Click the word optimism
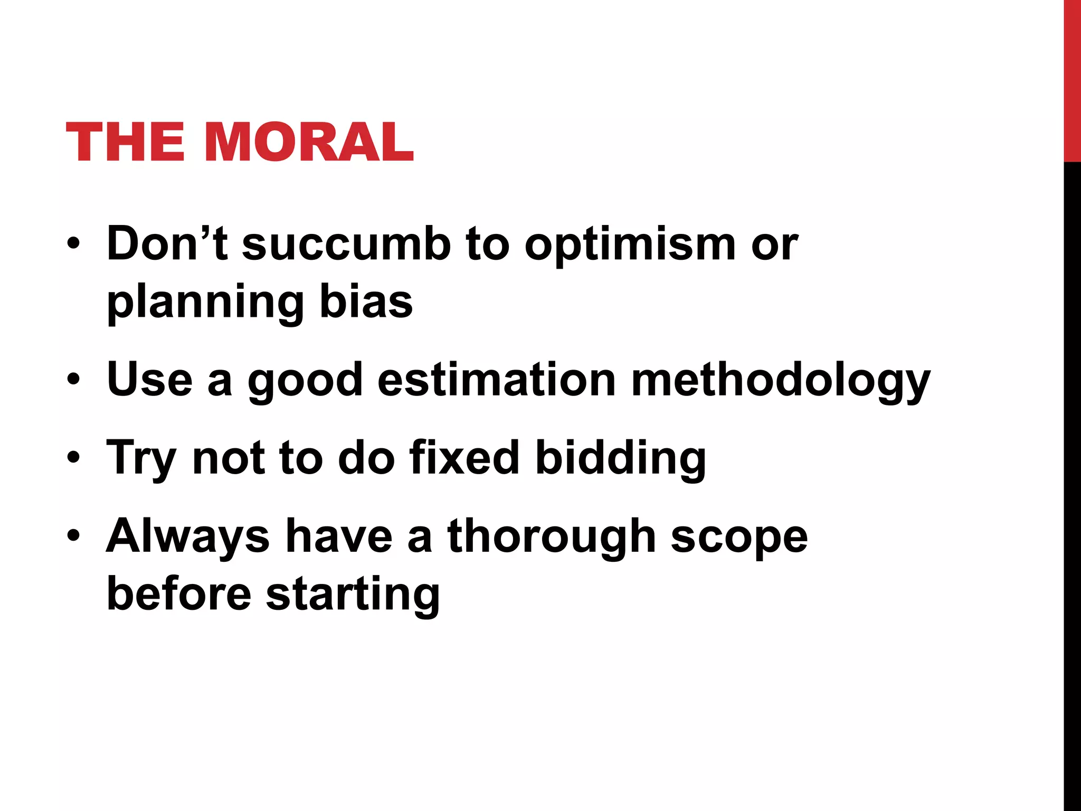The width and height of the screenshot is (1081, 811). click(630, 246)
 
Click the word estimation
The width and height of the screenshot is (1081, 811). click(497, 380)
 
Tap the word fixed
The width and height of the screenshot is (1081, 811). click(464, 457)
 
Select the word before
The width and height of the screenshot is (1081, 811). click(179, 593)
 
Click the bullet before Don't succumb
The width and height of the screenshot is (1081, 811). click(74, 244)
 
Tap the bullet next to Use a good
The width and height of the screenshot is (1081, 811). click(74, 379)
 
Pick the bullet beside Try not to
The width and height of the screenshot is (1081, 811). click(74, 457)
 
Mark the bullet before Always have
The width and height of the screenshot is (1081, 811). click(74, 535)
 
